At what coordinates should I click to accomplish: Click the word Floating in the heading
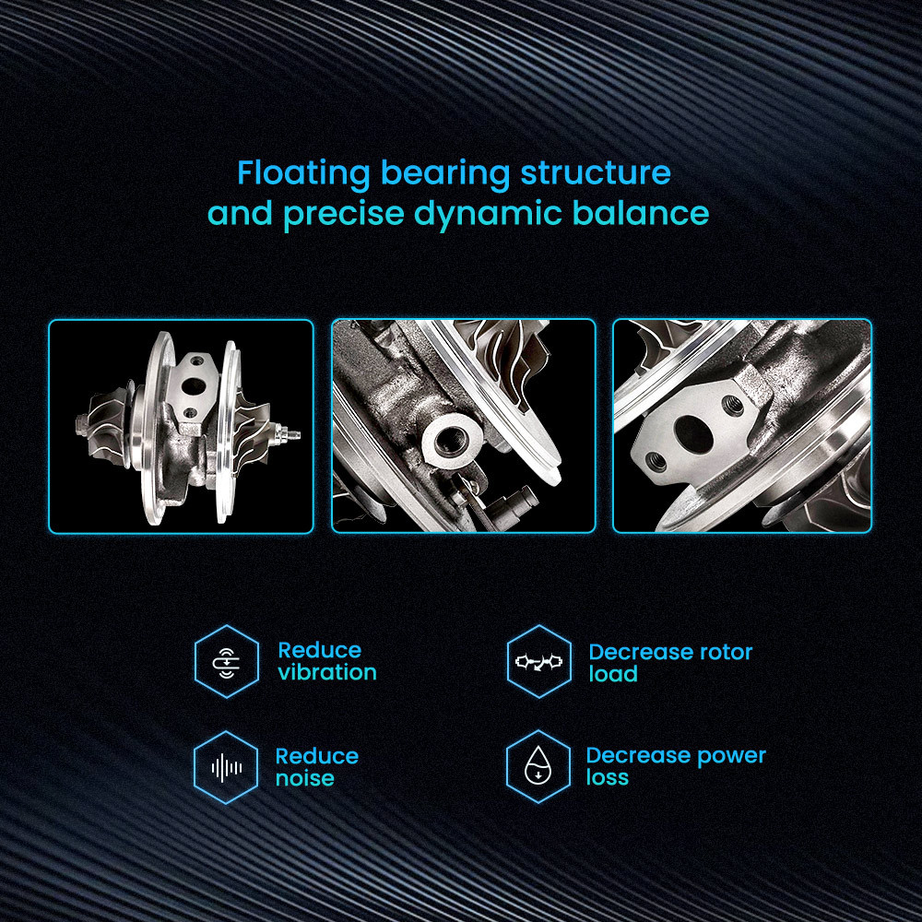pos(303,173)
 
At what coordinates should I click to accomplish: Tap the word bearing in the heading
pos(445,174)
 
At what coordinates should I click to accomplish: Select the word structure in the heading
pos(596,173)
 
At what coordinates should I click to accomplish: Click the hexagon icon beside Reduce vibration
pos(227,661)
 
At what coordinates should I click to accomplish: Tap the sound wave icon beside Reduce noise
pos(227,767)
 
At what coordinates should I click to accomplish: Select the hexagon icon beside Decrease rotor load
pos(539,661)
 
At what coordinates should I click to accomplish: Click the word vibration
pos(327,672)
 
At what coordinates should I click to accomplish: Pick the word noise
pos(305,778)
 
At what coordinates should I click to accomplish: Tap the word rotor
pos(725,652)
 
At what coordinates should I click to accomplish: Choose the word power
pos(731,756)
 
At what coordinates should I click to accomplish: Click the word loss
pos(608,777)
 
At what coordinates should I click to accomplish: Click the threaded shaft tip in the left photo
pos(291,434)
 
